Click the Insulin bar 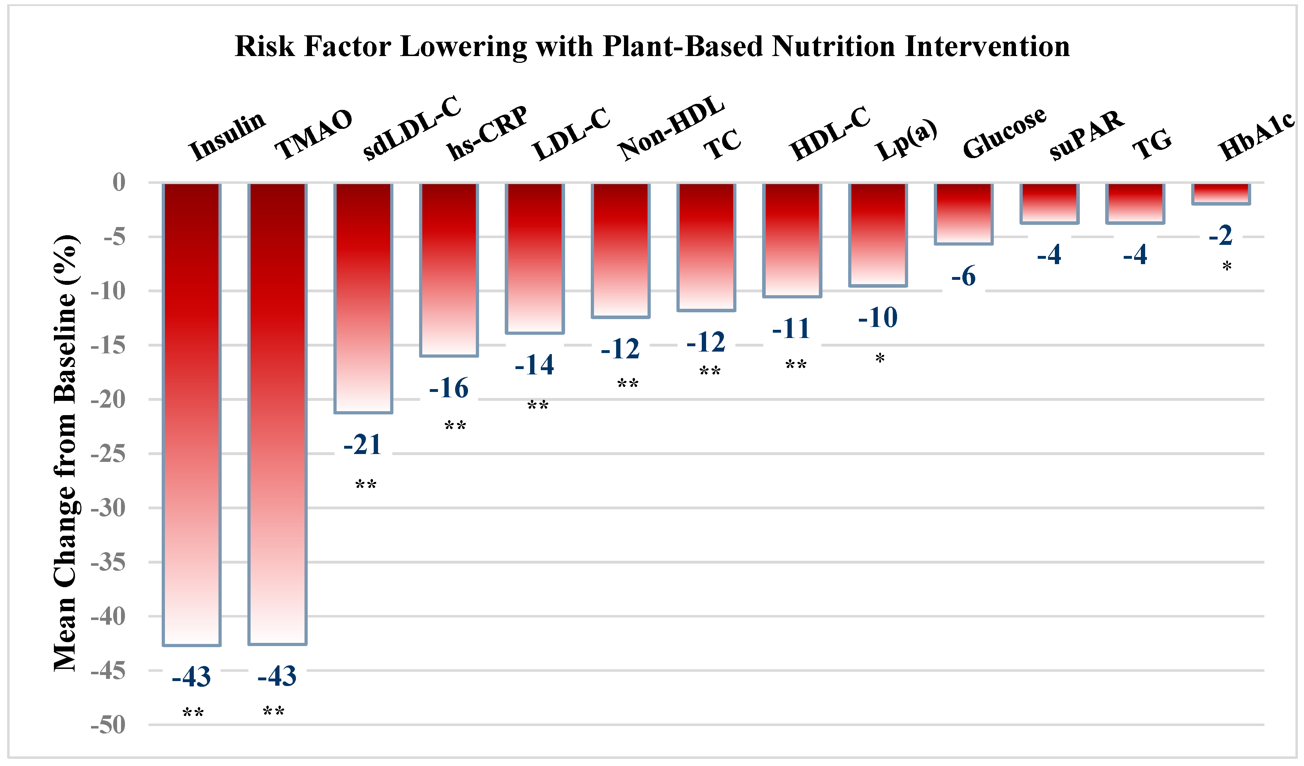pos(191,414)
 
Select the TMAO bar pos(277,414)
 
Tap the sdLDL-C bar pos(363,298)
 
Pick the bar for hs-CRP pos(449,269)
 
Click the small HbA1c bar pos(1221,193)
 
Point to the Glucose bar pos(963,213)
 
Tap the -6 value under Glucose pos(963,276)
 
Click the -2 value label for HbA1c pos(1221,236)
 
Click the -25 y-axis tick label pos(108,454)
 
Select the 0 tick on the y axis pos(119,182)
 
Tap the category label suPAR pos(1087,136)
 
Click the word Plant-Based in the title pos(683,46)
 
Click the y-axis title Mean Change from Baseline pos(66,453)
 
